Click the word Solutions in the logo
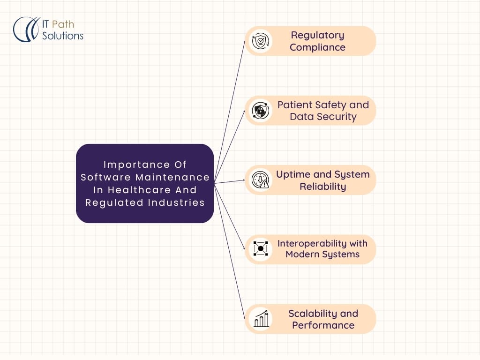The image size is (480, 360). coord(63,36)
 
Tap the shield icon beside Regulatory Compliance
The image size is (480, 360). coord(258,41)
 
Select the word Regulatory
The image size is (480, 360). coord(317,35)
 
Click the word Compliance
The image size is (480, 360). coord(317,47)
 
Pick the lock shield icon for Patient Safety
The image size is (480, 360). coord(259,111)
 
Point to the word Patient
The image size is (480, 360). coord(294,105)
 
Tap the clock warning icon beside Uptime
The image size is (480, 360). coord(259,180)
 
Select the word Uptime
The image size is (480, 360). coord(293,174)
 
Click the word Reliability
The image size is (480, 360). coord(323,187)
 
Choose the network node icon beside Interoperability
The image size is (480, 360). coord(259,249)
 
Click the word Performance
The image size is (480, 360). coord(323,325)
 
